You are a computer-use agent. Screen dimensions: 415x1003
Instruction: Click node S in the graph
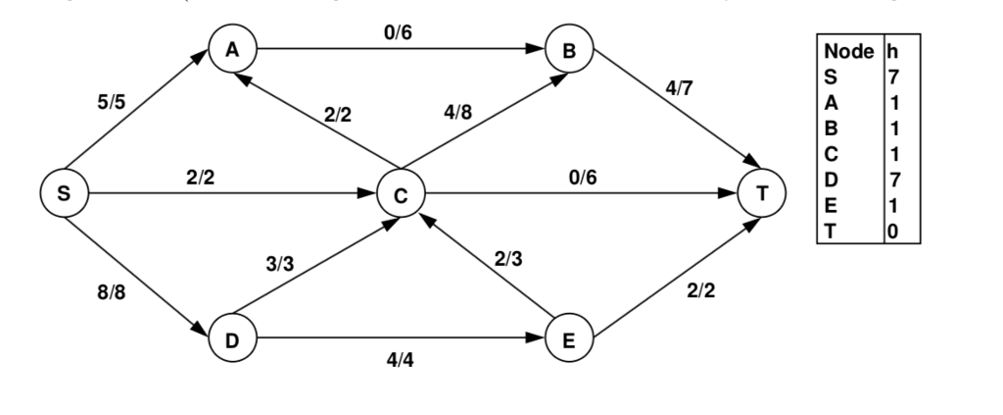click(64, 193)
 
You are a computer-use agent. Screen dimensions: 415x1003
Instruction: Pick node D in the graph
click(231, 338)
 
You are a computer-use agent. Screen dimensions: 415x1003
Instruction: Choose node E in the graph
click(568, 338)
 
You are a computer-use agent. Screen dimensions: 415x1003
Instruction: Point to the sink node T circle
click(763, 193)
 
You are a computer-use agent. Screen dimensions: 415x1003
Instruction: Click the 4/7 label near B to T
click(679, 88)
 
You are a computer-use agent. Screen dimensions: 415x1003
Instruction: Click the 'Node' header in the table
click(848, 50)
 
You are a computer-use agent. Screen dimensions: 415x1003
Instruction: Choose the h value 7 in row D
click(894, 180)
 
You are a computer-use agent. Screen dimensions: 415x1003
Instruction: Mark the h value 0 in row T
click(894, 232)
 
